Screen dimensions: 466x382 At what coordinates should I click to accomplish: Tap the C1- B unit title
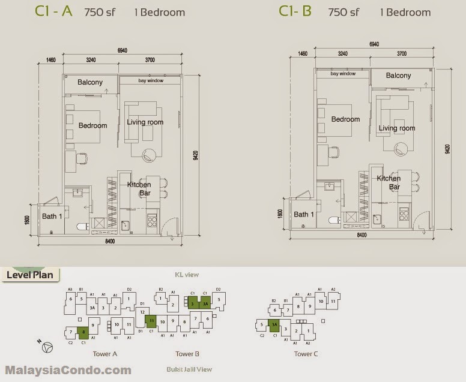pyautogui.click(x=295, y=11)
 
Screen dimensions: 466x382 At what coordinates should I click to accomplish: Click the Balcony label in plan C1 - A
pyautogui.click(x=90, y=82)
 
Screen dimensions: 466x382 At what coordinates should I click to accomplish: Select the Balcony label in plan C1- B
pyautogui.click(x=398, y=76)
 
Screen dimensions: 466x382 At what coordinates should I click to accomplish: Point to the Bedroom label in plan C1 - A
pyautogui.click(x=92, y=125)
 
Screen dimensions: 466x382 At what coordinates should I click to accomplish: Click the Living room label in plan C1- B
pyautogui.click(x=396, y=128)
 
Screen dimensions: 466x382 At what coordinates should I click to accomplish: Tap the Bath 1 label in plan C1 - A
pyautogui.click(x=52, y=216)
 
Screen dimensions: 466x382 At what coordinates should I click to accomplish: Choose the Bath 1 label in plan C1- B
pyautogui.click(x=304, y=214)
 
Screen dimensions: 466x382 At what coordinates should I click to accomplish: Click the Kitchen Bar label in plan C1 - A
pyautogui.click(x=139, y=189)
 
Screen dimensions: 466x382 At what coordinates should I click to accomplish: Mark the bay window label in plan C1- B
pyautogui.click(x=343, y=74)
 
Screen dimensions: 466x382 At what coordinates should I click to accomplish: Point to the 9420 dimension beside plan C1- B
pyautogui.click(x=447, y=149)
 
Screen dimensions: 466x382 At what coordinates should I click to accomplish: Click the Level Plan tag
pyautogui.click(x=29, y=275)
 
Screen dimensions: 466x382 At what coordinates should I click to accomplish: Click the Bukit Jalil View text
pyautogui.click(x=189, y=369)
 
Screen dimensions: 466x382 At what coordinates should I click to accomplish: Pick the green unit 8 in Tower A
pyautogui.click(x=84, y=331)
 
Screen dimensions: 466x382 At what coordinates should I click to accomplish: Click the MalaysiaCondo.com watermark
pyautogui.click(x=68, y=370)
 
